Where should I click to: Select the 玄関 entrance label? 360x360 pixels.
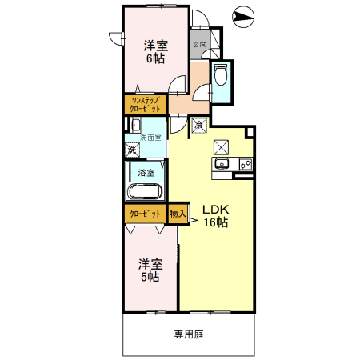point(200,44)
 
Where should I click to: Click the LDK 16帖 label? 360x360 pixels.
point(214,214)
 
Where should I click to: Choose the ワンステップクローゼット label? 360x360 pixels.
point(146,104)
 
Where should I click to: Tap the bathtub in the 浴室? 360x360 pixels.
point(146,192)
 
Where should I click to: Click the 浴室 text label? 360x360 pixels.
point(146,171)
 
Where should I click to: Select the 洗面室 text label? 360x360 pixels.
point(150,138)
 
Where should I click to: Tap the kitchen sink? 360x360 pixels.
point(222,165)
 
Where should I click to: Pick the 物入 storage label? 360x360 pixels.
point(178,214)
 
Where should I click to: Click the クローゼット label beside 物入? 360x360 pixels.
point(145,214)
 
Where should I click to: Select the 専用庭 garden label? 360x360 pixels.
point(188,334)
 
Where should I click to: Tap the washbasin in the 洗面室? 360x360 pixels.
point(135,125)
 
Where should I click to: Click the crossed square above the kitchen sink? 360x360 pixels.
point(222,146)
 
